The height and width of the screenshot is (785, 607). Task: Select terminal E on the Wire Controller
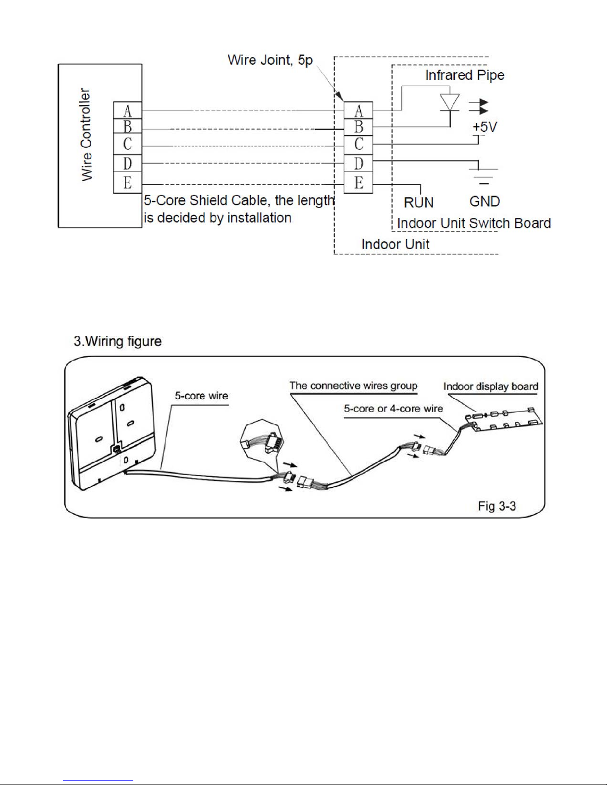coord(127,183)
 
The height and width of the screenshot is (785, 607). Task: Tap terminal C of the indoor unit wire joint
coord(358,144)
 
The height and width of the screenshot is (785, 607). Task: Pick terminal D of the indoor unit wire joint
coord(358,163)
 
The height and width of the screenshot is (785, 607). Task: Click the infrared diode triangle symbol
coord(450,102)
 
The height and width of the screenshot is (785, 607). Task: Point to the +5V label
coord(485,127)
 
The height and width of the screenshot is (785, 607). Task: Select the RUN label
coord(419,202)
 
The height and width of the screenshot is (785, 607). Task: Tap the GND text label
coord(485,201)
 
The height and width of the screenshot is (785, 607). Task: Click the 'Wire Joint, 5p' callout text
coord(270,60)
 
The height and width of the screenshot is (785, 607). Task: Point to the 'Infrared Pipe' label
coord(464,75)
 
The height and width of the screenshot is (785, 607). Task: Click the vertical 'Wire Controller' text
coord(86,135)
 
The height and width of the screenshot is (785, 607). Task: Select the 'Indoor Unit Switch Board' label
coord(474,223)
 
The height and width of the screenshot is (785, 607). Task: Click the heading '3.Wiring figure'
coord(117,341)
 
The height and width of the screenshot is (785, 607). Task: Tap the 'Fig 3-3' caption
coord(497,506)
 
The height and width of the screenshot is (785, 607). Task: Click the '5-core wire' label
coord(201,396)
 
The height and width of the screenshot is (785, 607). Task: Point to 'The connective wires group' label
coord(353,385)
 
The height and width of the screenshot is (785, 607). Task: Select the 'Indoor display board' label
coord(491,386)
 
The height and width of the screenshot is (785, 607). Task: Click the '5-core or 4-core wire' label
coord(393,409)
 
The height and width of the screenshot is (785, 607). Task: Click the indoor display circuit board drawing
coord(503,419)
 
